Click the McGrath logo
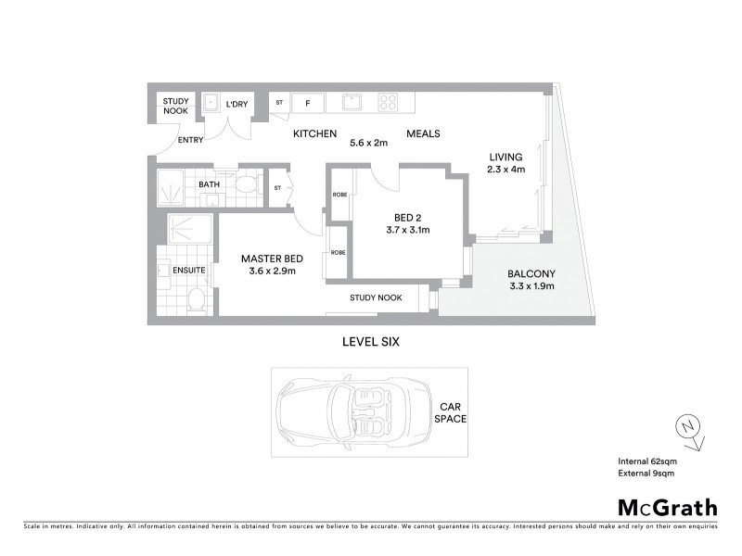click(668, 507)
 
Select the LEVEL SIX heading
click(370, 342)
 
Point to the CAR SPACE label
click(451, 412)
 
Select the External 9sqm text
click(646, 474)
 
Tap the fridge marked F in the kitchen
click(306, 103)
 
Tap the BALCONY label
click(531, 273)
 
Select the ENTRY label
click(190, 141)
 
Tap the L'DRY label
click(236, 105)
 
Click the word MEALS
click(423, 134)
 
